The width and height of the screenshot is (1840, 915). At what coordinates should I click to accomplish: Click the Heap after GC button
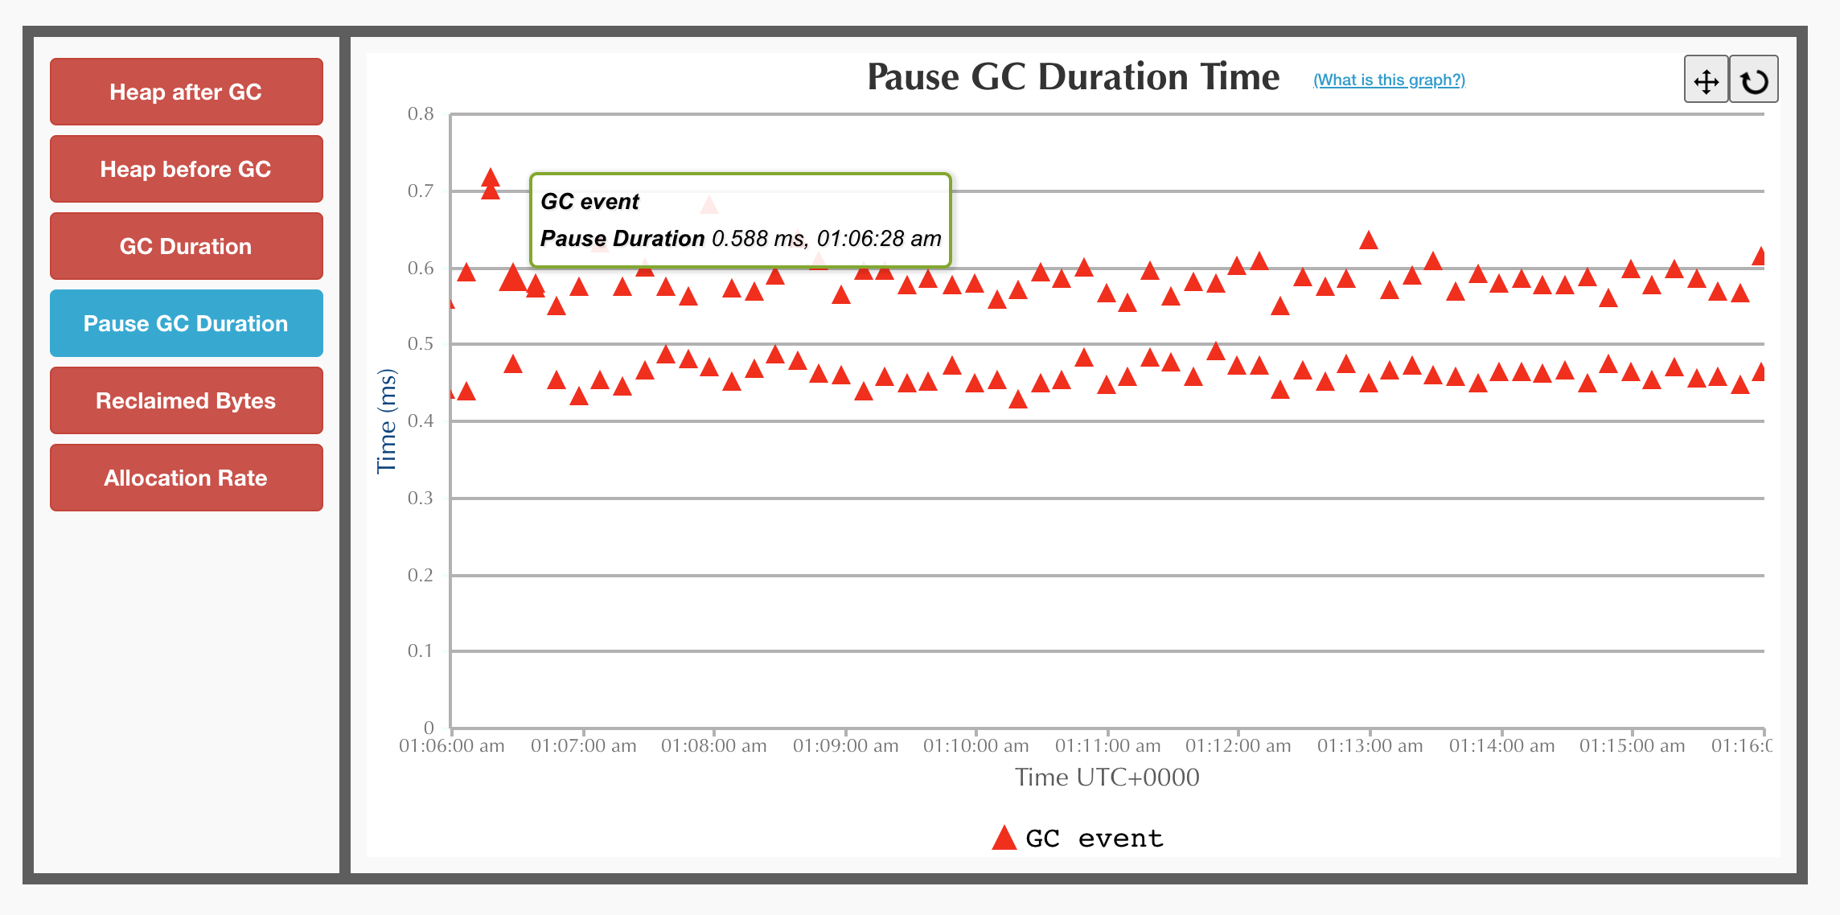pos(186,92)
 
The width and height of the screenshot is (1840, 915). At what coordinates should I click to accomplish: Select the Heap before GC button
pos(186,169)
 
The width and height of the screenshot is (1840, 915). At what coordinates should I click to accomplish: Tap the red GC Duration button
pos(186,246)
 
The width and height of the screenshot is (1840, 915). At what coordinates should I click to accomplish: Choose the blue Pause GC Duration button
pos(186,323)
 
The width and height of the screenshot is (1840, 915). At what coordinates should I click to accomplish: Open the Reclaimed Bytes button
pos(186,400)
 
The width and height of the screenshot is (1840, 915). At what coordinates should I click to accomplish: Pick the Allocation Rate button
pos(186,478)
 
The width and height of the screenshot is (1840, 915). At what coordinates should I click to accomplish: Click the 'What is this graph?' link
pos(1389,80)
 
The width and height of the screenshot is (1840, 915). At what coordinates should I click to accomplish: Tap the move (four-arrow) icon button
pos(1706,80)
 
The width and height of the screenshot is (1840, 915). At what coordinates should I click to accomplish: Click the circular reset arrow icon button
pos(1754,80)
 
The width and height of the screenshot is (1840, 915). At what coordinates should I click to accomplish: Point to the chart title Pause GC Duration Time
pos(1073,77)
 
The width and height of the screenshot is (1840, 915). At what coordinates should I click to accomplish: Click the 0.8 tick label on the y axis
pos(421,113)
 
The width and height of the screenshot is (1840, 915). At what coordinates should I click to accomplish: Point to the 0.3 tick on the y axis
pos(421,498)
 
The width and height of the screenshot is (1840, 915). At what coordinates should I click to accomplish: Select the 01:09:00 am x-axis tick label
pos(846,745)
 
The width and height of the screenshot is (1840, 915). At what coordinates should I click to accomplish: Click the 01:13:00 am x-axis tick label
pos(1370,745)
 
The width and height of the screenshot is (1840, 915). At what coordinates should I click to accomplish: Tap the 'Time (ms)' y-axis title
pos(387,421)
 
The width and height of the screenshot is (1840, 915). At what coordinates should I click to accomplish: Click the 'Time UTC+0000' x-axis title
pos(1107,777)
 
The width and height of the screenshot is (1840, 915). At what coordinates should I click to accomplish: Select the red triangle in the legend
pos(1004,838)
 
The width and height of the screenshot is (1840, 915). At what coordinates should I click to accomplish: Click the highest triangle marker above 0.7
pos(491,178)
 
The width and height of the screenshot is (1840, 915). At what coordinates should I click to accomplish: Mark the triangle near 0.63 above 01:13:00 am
pos(1369,240)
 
